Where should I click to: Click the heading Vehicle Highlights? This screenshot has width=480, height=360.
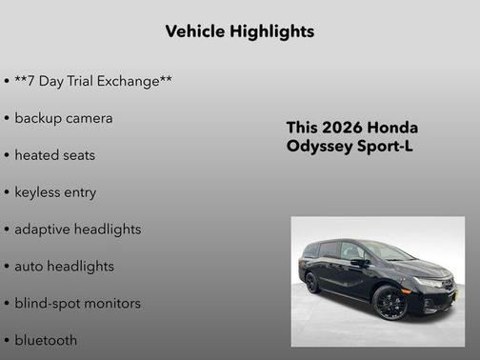(x=239, y=31)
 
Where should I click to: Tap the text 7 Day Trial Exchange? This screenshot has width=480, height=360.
(x=93, y=82)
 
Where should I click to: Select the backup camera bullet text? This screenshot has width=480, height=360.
(x=63, y=118)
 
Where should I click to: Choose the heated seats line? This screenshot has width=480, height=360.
(x=54, y=155)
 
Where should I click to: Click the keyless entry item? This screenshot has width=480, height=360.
(x=55, y=192)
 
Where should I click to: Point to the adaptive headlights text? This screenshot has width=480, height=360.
(x=77, y=230)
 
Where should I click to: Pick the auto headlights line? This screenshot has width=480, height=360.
(x=64, y=267)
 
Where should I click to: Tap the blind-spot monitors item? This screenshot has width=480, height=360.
(x=77, y=304)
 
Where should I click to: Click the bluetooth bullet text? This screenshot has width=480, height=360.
(x=46, y=340)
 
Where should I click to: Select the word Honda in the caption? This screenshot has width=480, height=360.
(x=392, y=128)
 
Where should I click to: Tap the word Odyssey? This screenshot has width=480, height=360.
(x=318, y=147)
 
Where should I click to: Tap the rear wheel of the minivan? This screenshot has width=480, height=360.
(x=312, y=283)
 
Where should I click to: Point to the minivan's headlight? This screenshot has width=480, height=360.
(x=430, y=283)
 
